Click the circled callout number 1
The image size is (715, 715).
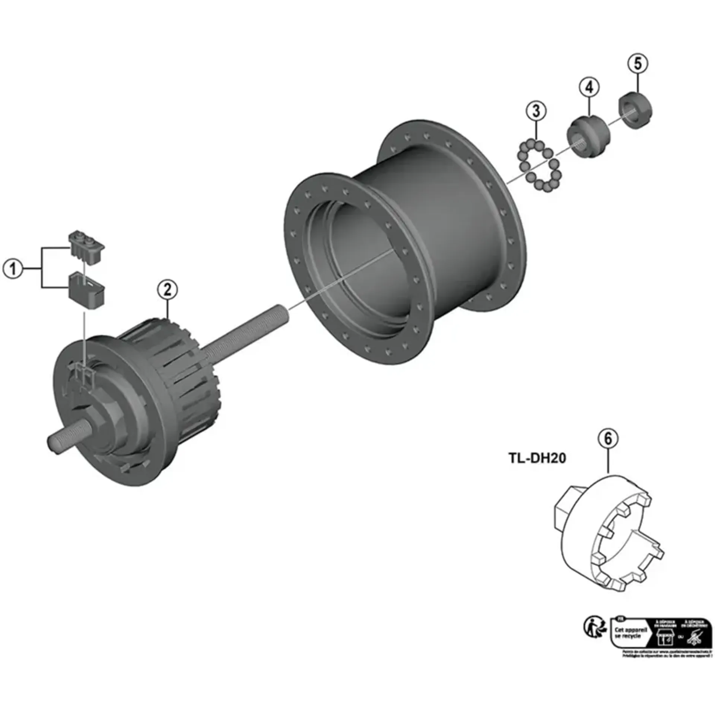tap(13, 268)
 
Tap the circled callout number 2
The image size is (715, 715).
tap(167, 289)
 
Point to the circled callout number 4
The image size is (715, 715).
tap(589, 88)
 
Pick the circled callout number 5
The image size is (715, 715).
tap(638, 64)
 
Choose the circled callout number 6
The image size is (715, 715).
tap(608, 439)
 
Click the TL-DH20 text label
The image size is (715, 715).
tap(537, 458)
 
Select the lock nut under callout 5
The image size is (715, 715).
tap(635, 111)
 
